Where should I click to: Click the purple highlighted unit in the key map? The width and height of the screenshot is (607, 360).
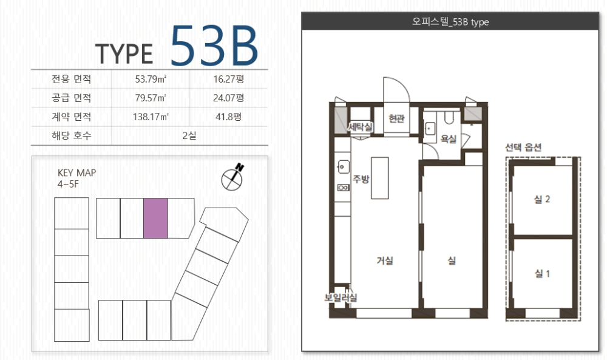[155, 219]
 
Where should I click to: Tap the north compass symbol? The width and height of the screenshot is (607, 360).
[232, 177]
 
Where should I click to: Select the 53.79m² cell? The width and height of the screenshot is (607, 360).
[151, 79]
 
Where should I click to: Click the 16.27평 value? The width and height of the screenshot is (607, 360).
[228, 79]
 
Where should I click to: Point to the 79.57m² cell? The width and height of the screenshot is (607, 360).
[151, 98]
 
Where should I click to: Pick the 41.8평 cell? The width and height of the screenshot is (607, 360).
[228, 117]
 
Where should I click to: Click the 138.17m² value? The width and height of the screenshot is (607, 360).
[151, 117]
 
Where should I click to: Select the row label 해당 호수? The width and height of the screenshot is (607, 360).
[72, 135]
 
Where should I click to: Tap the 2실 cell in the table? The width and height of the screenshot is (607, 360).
[189, 135]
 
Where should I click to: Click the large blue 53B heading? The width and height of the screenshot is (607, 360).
[214, 46]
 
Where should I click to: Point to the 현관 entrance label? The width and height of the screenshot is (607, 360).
[396, 118]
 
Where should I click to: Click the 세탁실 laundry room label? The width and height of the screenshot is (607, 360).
[361, 127]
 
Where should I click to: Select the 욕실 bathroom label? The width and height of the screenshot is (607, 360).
[449, 139]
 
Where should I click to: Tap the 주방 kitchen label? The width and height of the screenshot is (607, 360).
[361, 179]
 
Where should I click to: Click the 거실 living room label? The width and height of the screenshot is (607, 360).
[385, 260]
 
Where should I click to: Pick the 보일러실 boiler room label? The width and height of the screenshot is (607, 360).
[341, 297]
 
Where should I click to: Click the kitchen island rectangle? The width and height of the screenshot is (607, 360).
[380, 178]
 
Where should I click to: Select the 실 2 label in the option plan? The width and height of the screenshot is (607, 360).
[542, 199]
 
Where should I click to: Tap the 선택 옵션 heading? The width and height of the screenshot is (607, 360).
[523, 147]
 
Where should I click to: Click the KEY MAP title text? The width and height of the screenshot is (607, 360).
[76, 172]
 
